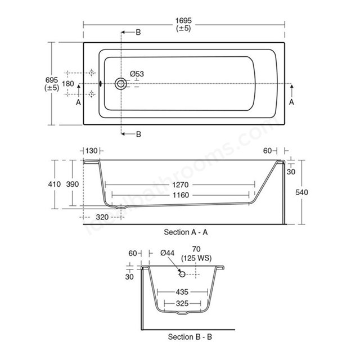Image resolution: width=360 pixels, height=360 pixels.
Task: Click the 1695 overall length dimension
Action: pyautogui.click(x=183, y=21)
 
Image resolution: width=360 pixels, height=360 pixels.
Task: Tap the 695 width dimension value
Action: pyautogui.click(x=52, y=80)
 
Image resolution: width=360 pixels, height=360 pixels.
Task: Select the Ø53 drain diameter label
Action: pyautogui.click(x=137, y=74)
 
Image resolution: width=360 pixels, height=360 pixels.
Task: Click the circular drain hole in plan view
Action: pyautogui.click(x=120, y=84)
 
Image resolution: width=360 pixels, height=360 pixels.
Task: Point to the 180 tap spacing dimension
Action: pyautogui.click(x=68, y=84)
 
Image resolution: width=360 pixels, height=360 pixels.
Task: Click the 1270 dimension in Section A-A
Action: pyautogui.click(x=181, y=184)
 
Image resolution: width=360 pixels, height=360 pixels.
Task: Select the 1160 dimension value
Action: pyautogui.click(x=181, y=195)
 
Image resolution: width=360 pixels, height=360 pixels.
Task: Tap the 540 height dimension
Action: pyautogui.click(x=301, y=192)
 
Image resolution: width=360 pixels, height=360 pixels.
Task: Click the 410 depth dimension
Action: pyautogui.click(x=55, y=184)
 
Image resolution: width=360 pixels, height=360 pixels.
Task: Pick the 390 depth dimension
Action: pyautogui.click(x=73, y=184)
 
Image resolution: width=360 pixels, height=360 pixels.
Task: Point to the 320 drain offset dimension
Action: pyautogui.click(x=102, y=217)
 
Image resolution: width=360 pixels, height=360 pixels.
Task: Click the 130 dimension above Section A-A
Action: pyautogui.click(x=92, y=151)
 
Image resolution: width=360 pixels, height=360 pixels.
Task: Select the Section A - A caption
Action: pyautogui.click(x=186, y=232)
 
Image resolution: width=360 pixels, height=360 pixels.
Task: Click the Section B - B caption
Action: pyautogui.click(x=190, y=337)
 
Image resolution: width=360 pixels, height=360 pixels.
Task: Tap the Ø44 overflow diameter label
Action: pyautogui.click(x=168, y=253)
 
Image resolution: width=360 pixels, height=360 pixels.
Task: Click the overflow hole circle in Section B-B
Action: pyautogui.click(x=182, y=274)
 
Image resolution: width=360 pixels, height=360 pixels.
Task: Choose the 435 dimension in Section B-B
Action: pyautogui.click(x=182, y=292)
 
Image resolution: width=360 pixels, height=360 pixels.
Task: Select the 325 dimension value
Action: pyautogui.click(x=182, y=304)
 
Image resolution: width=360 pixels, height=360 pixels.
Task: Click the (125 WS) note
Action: pyautogui.click(x=196, y=258)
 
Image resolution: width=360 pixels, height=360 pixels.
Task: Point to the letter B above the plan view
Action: pyautogui.click(x=138, y=33)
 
